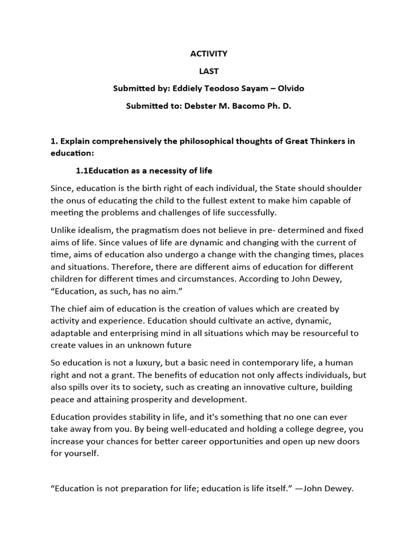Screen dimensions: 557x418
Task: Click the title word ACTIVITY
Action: (208, 54)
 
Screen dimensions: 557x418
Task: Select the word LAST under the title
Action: (208, 71)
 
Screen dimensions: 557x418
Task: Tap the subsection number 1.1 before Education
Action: (82, 171)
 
